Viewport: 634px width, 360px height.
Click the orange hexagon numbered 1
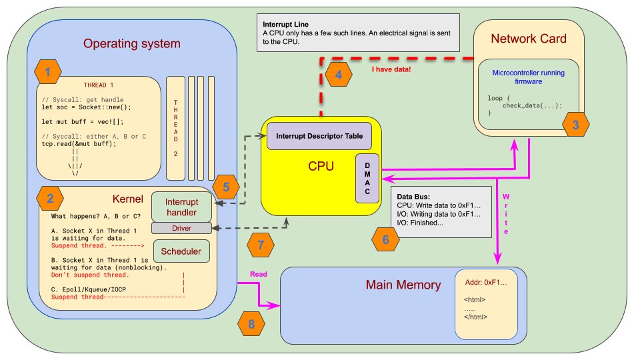tap(48, 71)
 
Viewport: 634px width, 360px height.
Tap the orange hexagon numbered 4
tap(339, 75)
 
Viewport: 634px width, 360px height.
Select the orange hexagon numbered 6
tap(385, 239)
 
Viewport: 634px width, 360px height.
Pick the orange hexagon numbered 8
tap(251, 323)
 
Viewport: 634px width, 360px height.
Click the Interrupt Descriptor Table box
tap(319, 136)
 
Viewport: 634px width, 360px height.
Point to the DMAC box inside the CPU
tap(367, 179)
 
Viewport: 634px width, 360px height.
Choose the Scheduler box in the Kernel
tap(181, 251)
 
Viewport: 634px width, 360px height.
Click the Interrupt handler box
tap(181, 207)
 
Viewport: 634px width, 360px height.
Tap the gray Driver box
tap(181, 228)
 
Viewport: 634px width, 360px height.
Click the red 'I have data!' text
tap(391, 69)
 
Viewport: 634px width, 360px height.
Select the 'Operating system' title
tap(132, 43)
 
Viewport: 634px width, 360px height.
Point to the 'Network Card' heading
tap(529, 39)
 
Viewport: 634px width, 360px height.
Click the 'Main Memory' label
tap(403, 285)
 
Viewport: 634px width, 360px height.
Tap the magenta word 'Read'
tap(259, 274)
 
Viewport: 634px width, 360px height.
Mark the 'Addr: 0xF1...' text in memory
tap(486, 283)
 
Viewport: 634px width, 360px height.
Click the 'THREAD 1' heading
tap(98, 85)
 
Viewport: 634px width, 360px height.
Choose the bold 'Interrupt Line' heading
tap(285, 24)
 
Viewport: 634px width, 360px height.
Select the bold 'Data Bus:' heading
tap(413, 197)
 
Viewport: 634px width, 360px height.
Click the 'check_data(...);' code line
tap(532, 105)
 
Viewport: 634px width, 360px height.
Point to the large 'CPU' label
tap(321, 166)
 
